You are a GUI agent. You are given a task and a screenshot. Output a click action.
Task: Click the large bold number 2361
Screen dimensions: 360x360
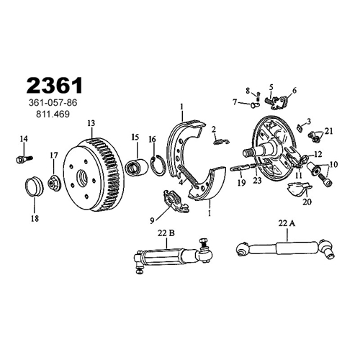[55, 86]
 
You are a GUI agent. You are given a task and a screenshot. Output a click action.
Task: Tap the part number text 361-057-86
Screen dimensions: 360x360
[53, 103]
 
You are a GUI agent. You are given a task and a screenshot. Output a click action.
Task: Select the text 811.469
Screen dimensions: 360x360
[53, 114]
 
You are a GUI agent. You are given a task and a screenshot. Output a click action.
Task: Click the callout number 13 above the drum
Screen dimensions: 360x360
[91, 123]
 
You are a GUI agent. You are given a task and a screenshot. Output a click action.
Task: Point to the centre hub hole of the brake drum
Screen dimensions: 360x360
[83, 177]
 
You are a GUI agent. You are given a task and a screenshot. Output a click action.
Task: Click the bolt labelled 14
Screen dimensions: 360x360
[24, 158]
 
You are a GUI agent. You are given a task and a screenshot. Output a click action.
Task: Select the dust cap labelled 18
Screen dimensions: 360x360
[35, 186]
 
